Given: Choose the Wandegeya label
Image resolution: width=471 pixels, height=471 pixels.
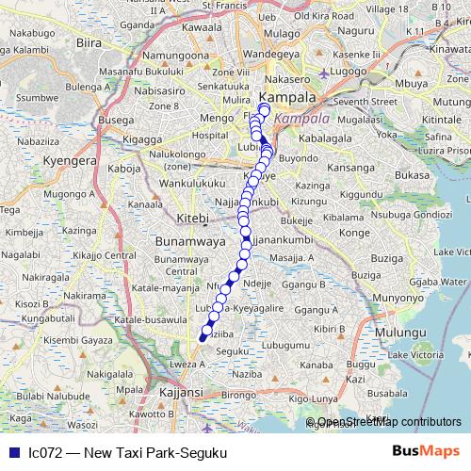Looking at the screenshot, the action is (271, 54).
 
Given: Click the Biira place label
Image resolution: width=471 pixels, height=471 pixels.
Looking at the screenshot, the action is (89, 42).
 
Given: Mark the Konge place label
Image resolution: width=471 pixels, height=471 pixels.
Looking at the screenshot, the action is (353, 232).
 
